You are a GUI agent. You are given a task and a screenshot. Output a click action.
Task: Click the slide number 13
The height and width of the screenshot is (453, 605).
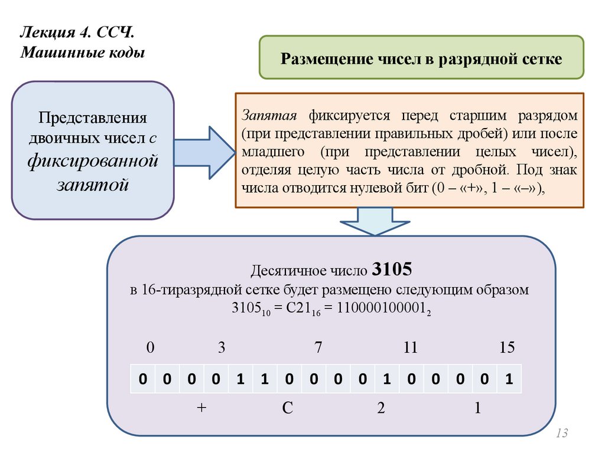pyautogui.click(x=561, y=434)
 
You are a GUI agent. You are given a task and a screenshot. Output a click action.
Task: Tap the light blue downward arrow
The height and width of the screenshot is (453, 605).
pyautogui.click(x=375, y=222)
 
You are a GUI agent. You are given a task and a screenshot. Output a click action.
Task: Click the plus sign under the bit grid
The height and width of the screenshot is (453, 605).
pyautogui.click(x=201, y=409)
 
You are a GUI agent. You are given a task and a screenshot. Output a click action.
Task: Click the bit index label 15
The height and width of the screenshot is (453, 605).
pyautogui.click(x=507, y=348)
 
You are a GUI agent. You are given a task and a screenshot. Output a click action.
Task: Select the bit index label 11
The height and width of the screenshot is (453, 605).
pyautogui.click(x=410, y=348)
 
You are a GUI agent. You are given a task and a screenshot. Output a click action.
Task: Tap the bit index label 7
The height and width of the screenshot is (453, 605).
pyautogui.click(x=318, y=348)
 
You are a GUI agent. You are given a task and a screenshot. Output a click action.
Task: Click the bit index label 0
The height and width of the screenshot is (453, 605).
pyautogui.click(x=150, y=348)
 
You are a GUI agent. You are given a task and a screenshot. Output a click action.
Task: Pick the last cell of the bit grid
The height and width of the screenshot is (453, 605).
pyautogui.click(x=508, y=379)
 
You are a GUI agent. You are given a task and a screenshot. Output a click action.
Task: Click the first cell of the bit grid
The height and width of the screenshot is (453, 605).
pyautogui.click(x=142, y=379)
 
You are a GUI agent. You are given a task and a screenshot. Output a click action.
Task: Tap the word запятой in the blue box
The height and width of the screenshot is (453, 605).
pyautogui.click(x=93, y=184)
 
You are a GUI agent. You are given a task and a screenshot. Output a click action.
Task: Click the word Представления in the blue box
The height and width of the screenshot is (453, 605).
pyautogui.click(x=93, y=117)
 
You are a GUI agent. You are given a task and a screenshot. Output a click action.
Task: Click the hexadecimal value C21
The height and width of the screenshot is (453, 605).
pyautogui.click(x=299, y=308)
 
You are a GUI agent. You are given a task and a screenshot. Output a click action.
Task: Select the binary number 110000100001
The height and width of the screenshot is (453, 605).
pyautogui.click(x=382, y=308)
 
